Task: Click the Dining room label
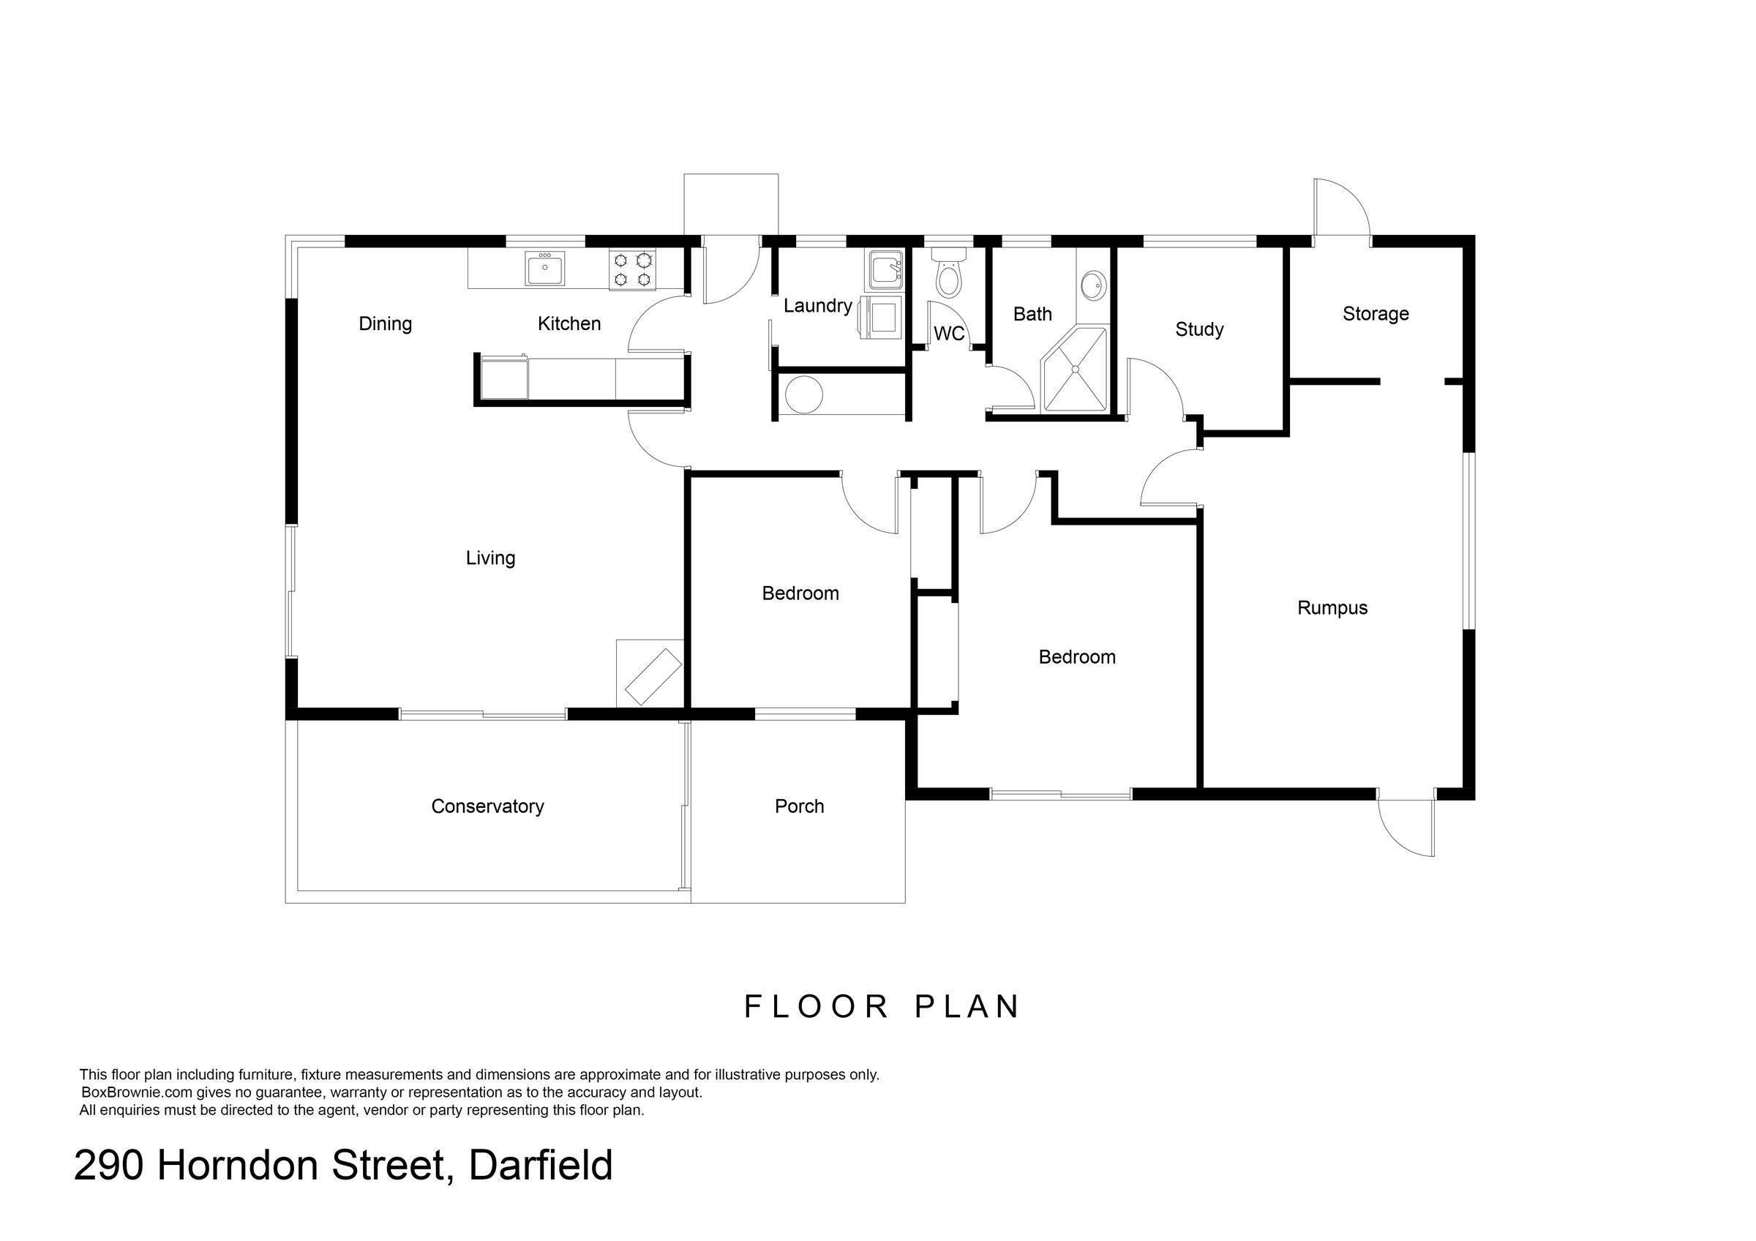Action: tap(386, 324)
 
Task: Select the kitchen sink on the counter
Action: tap(545, 269)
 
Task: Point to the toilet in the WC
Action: tap(948, 273)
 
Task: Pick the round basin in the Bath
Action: tap(1093, 287)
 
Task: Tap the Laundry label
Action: tap(817, 306)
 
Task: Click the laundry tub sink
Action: tap(885, 270)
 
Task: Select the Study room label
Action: tap(1199, 329)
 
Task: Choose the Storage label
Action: tap(1376, 313)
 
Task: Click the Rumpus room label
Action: tap(1332, 608)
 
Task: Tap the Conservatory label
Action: tap(487, 806)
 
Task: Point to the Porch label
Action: tap(799, 806)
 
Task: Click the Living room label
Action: tap(490, 558)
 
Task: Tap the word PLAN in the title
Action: tap(967, 1007)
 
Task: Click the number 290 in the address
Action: tap(108, 1166)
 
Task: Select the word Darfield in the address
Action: tap(541, 1166)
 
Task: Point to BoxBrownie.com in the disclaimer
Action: tap(138, 1092)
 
